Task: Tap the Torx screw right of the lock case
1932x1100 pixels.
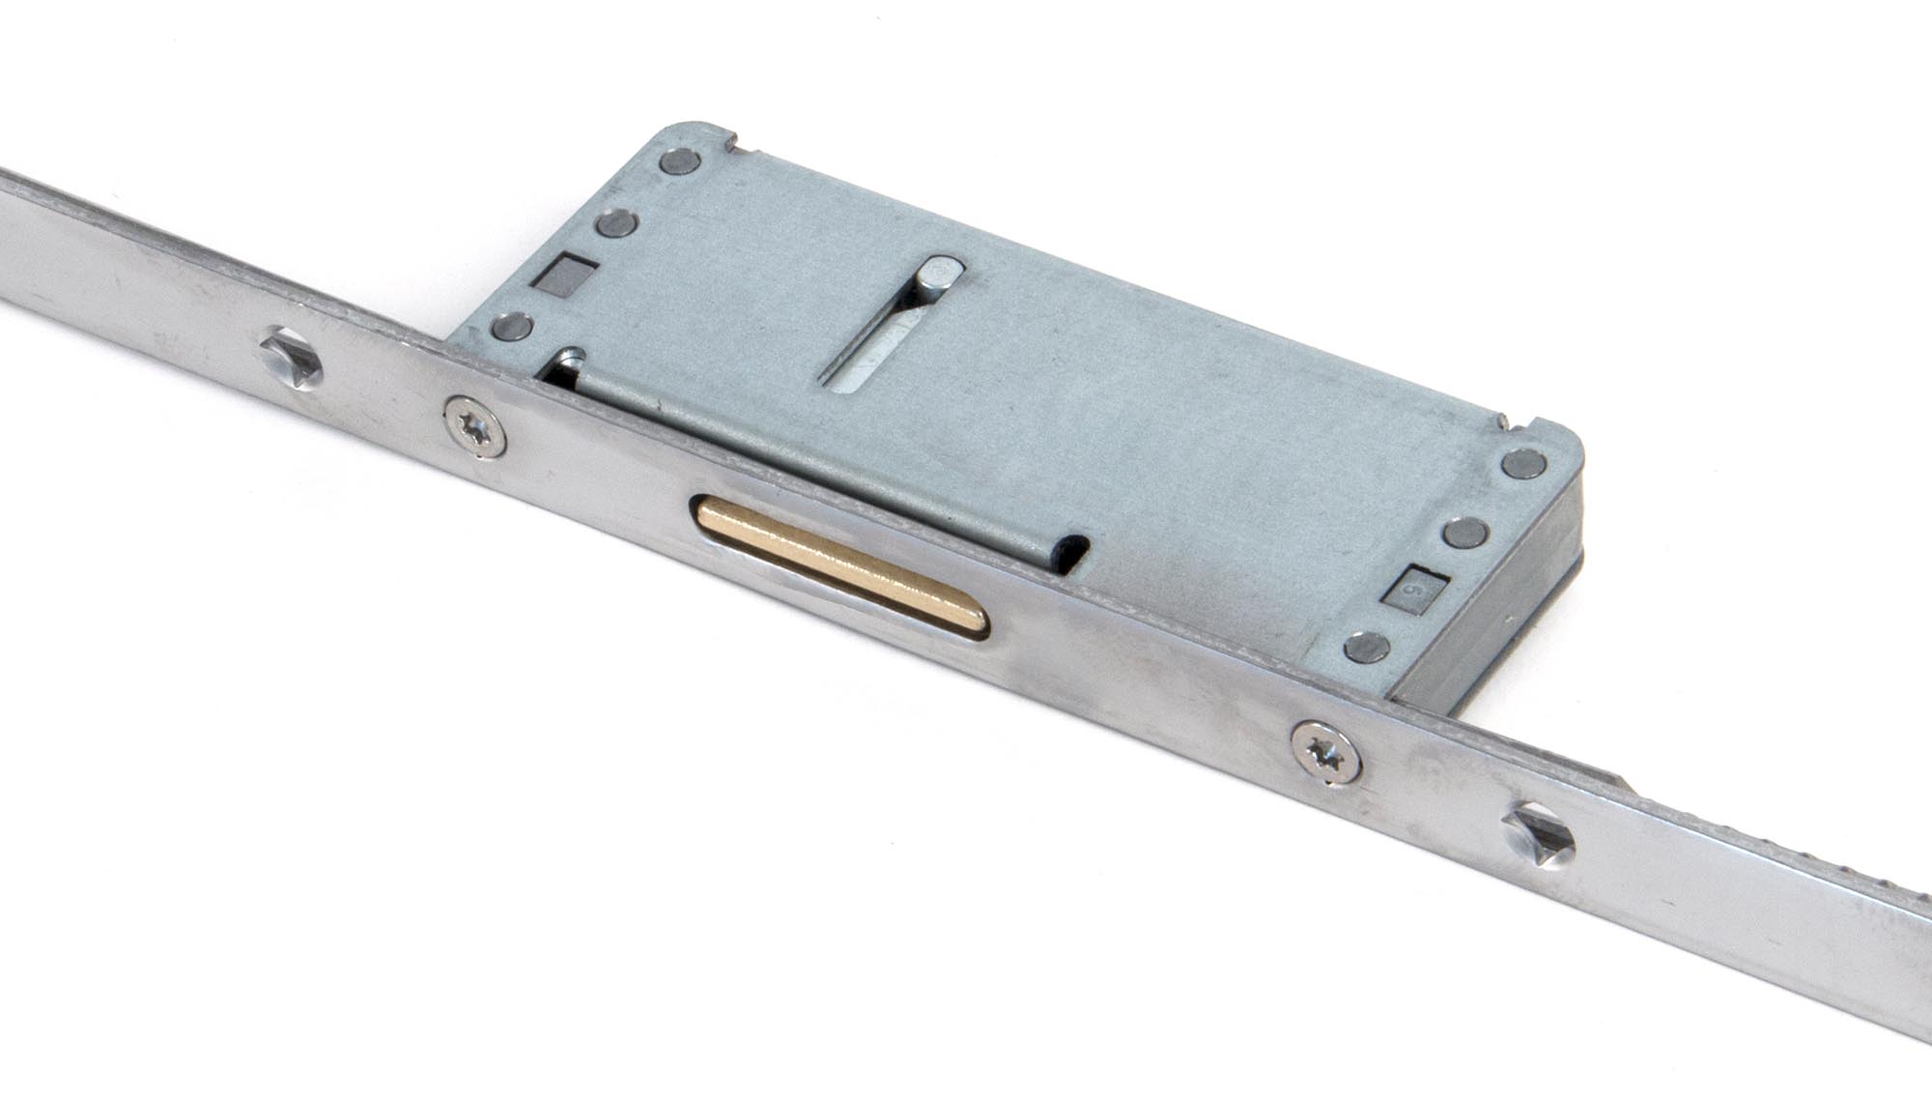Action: pyautogui.click(x=1325, y=751)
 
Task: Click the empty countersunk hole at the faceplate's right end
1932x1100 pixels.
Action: pyautogui.click(x=1538, y=832)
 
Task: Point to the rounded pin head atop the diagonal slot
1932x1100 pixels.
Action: pyautogui.click(x=939, y=275)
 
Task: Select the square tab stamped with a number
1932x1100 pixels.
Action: pyautogui.click(x=1413, y=587)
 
